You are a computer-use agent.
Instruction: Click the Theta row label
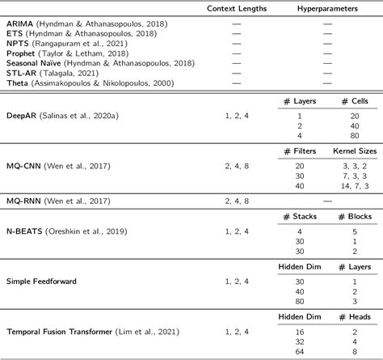18,82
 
